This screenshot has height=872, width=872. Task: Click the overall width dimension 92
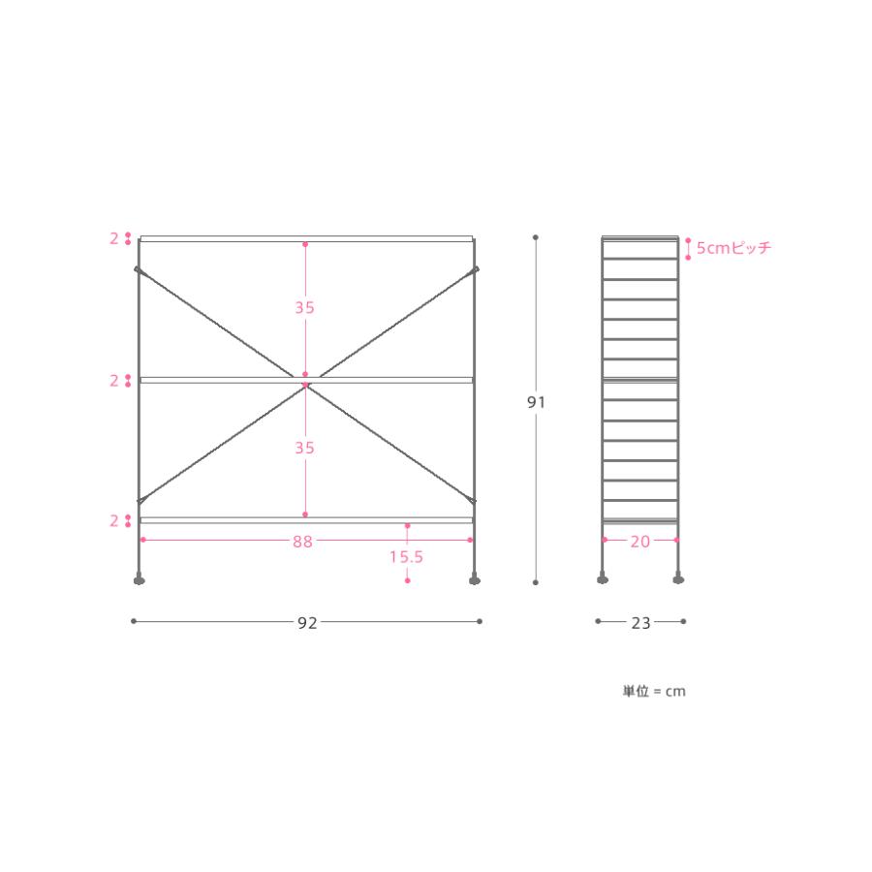pos(307,622)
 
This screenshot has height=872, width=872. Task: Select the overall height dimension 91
pos(536,402)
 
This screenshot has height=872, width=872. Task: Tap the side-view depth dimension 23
pos(640,622)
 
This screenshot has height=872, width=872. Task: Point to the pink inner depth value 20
pos(640,541)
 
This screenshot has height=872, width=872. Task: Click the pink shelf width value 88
pos(302,541)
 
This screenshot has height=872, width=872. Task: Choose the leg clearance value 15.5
pos(407,557)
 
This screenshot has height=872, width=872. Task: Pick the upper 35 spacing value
pos(305,307)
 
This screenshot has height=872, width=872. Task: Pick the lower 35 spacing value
pos(305,448)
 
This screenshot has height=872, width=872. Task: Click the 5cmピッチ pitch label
pos(734,247)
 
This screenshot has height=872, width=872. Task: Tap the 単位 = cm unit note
pos(654,691)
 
